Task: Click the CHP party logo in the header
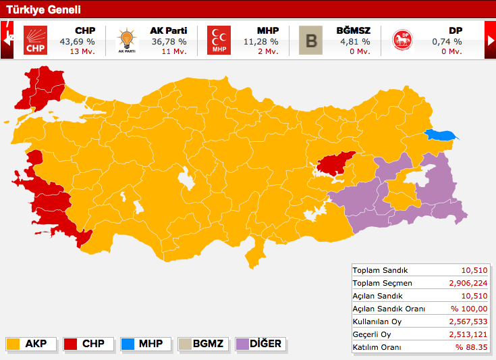[x=35, y=40]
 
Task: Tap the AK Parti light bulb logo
[x=126, y=40]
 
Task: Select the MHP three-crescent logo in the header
[x=219, y=40]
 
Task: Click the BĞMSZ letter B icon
[x=311, y=40]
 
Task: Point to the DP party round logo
[x=403, y=40]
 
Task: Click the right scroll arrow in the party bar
[x=490, y=40]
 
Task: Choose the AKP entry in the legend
[x=30, y=344]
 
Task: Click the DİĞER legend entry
[x=259, y=344]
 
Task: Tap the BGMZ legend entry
[x=201, y=344]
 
